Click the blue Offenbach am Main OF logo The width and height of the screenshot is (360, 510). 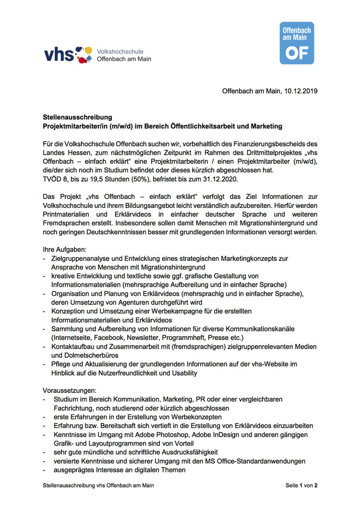[x=297, y=43]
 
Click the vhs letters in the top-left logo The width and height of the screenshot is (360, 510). [x=59, y=54]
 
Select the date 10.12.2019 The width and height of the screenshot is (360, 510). [x=300, y=91]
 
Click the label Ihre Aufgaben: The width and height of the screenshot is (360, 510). [x=64, y=250]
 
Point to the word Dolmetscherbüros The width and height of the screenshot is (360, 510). [x=95, y=355]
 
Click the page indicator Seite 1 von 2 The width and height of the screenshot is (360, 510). [x=301, y=486]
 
